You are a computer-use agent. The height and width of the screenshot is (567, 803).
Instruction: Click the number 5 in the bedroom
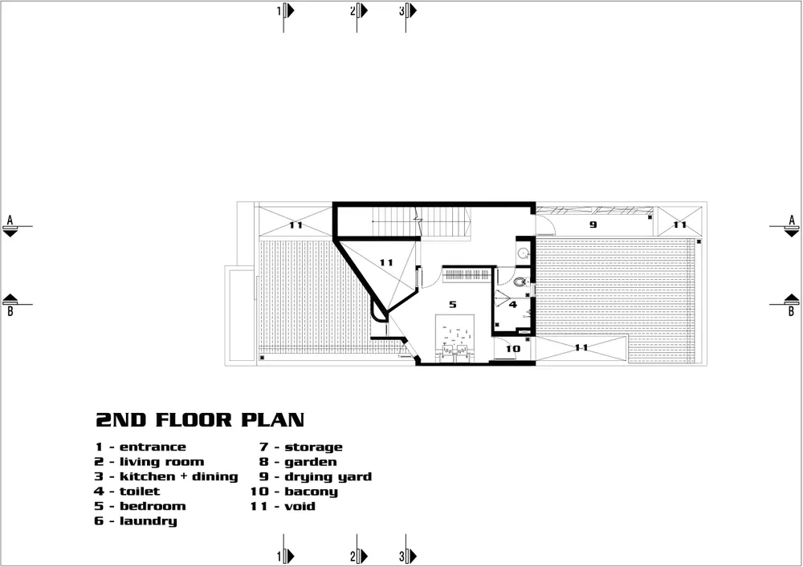[452, 305]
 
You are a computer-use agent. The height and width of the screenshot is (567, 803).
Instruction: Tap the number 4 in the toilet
[513, 305]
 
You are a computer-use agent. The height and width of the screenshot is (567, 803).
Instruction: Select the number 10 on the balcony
[512, 349]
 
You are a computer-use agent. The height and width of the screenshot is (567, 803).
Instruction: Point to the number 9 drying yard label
[593, 225]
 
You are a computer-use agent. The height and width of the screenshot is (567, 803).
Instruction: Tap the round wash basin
[523, 253]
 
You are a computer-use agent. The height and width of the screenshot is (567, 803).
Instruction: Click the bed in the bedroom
[455, 338]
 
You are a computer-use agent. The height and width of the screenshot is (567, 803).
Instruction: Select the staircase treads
[421, 221]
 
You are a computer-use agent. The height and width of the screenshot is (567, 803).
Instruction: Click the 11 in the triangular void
[386, 263]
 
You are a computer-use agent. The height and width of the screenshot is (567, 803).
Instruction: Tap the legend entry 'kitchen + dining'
[179, 477]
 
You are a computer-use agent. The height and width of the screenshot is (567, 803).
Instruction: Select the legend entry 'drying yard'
[328, 477]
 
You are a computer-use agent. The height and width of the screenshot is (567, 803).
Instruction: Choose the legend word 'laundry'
[149, 521]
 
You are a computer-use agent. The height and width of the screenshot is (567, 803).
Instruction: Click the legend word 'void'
[300, 507]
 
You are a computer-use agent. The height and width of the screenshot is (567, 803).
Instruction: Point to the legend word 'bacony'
[312, 492]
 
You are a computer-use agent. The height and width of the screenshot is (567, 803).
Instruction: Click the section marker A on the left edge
[10, 226]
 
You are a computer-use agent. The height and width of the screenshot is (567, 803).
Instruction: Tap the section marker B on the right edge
[791, 304]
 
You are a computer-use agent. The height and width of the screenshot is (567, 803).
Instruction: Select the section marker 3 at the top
[408, 11]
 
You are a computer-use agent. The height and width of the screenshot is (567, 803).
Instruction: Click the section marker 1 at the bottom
[286, 555]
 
